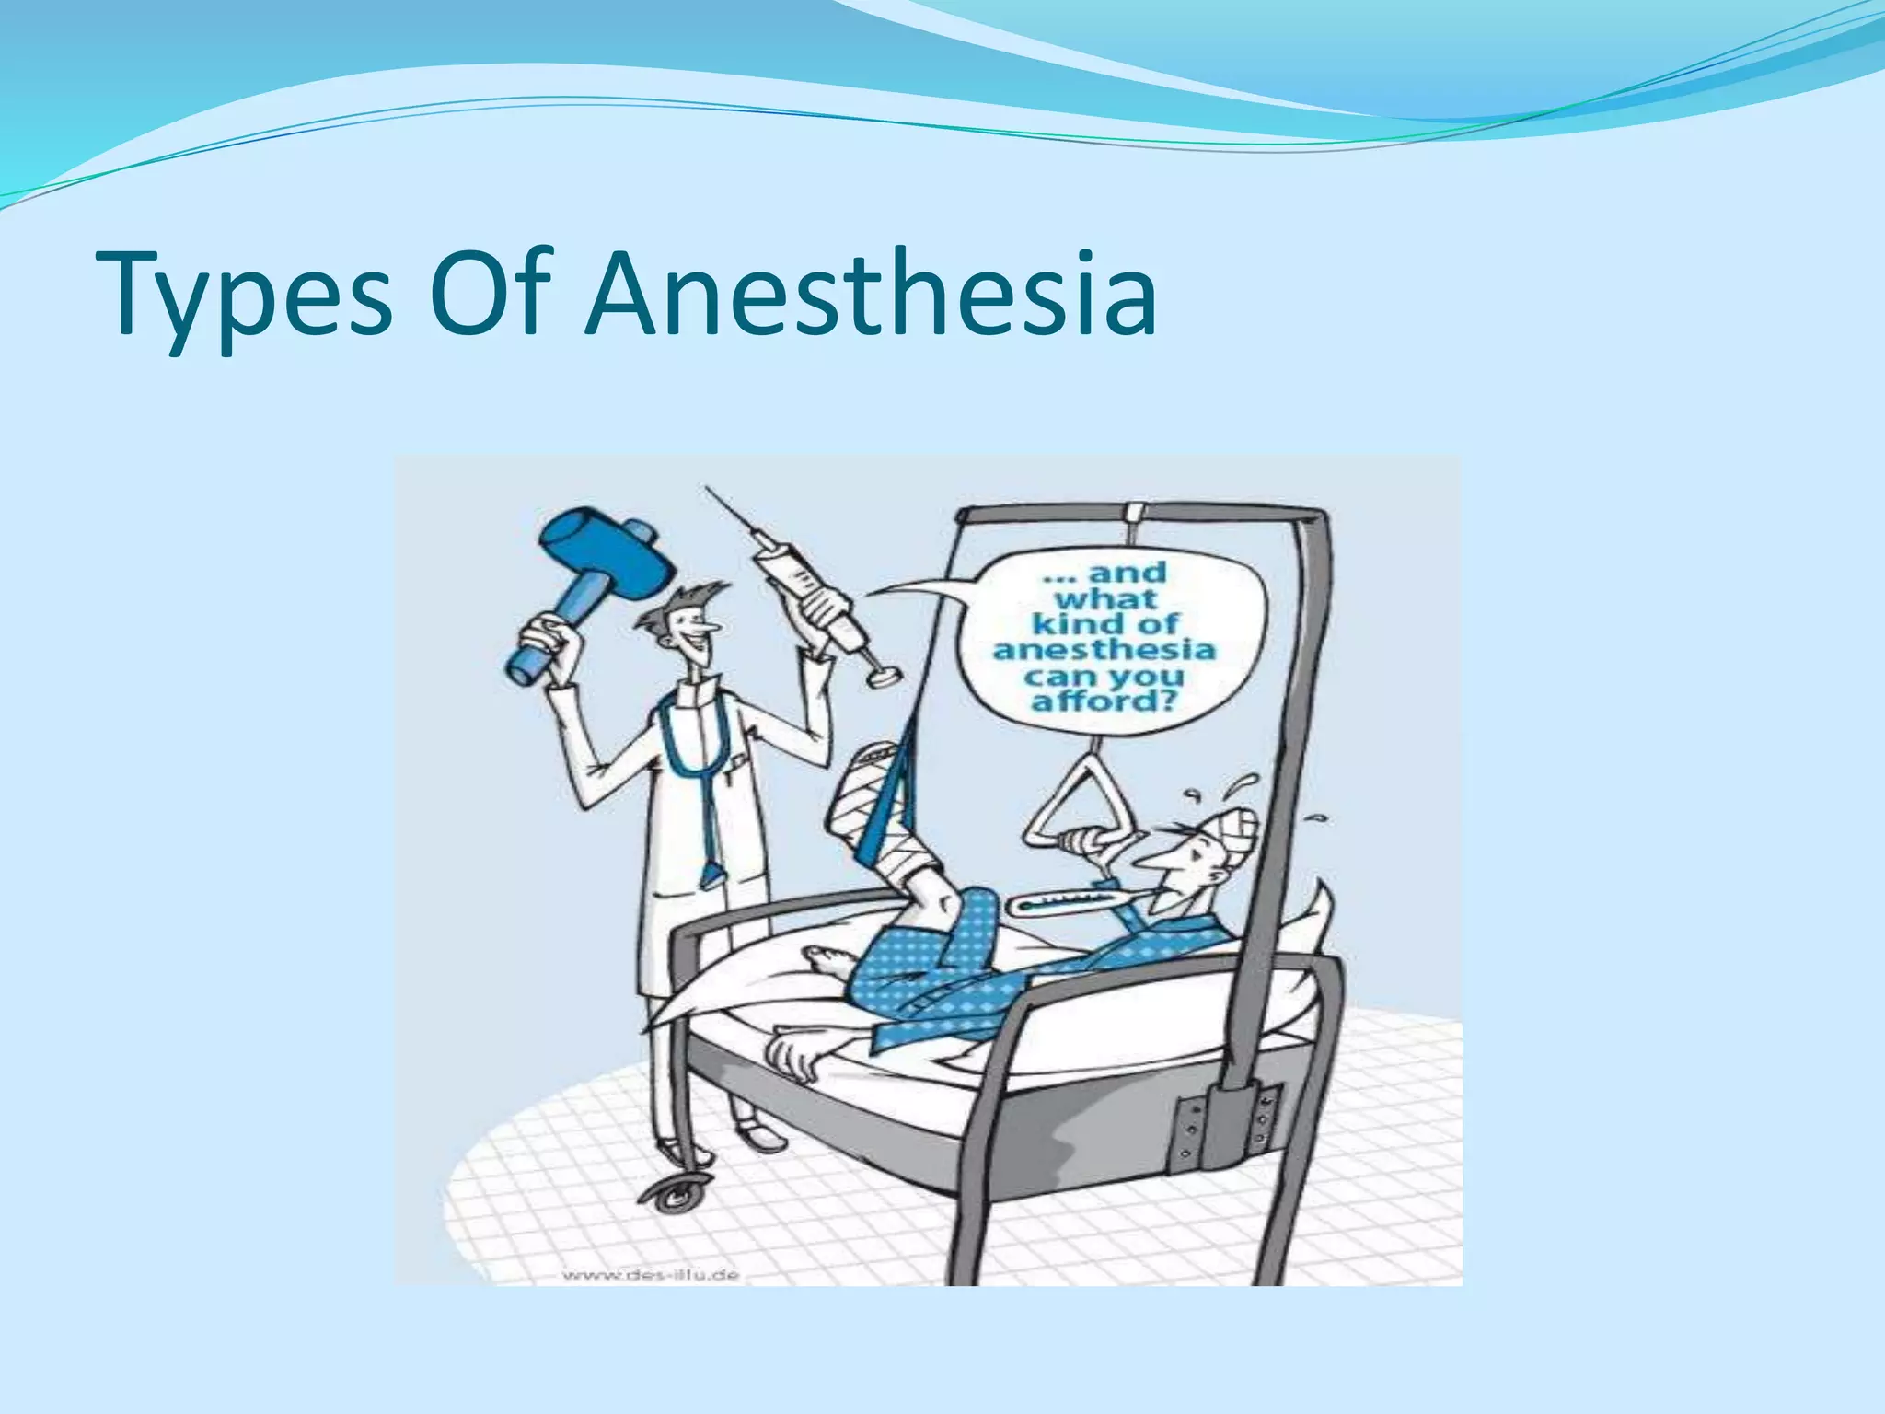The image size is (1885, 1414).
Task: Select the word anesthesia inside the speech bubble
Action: [x=1104, y=650]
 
